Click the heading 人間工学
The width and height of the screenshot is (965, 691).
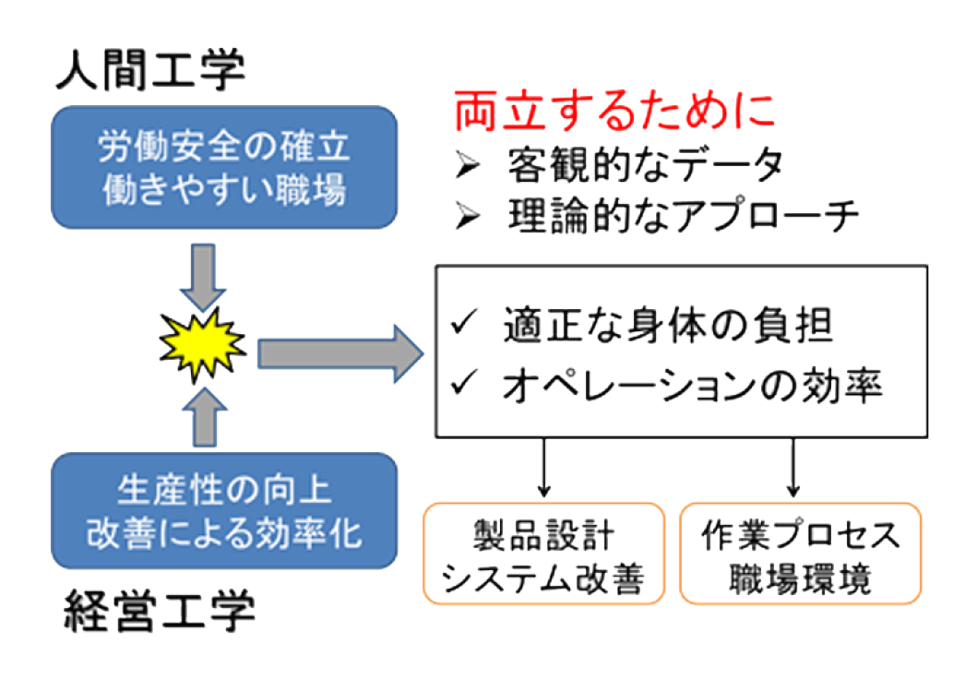[x=151, y=69]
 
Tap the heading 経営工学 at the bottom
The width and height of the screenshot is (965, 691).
[x=160, y=611]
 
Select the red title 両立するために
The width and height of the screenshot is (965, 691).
[x=614, y=111]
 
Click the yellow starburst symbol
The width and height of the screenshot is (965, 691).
[x=202, y=345]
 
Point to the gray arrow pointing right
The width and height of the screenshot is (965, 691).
[x=340, y=354]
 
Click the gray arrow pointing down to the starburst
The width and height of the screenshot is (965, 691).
[x=203, y=278]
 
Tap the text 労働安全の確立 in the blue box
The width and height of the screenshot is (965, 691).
[x=224, y=147]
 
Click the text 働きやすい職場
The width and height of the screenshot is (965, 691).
[x=224, y=189]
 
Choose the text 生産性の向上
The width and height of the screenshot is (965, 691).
[x=224, y=491]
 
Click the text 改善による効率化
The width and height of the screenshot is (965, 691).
[x=224, y=532]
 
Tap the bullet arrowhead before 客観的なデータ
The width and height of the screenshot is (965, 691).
[x=468, y=164]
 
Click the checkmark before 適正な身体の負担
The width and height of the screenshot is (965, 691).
[x=464, y=322]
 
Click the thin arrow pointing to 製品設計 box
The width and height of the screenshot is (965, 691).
[x=543, y=468]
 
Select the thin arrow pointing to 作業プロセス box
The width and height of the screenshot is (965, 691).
[x=793, y=468]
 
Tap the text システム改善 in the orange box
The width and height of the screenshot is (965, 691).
[x=543, y=578]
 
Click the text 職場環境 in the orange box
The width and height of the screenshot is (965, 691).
[x=800, y=578]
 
